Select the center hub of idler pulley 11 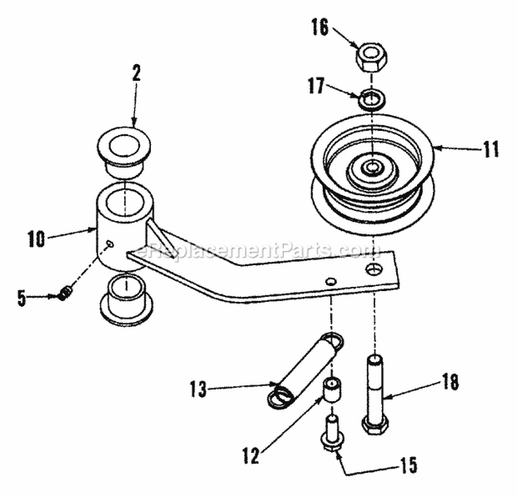point(372,167)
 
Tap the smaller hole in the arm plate point(331,281)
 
